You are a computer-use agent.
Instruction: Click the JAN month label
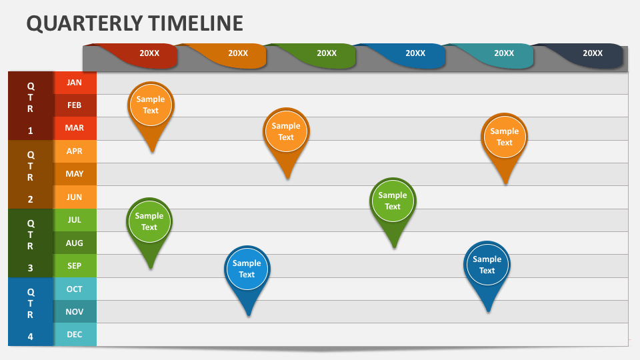tap(75, 83)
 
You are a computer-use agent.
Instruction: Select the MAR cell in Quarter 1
tap(75, 128)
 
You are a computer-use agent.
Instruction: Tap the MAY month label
tap(75, 174)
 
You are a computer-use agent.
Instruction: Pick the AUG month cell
tap(75, 243)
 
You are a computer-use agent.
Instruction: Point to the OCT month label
tap(75, 289)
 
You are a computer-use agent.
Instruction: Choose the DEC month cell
tap(75, 335)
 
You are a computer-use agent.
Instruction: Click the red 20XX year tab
tap(149, 53)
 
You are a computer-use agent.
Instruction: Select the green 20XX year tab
tap(326, 53)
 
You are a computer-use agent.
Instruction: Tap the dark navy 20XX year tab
tap(592, 53)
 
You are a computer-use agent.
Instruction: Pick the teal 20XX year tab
tap(503, 53)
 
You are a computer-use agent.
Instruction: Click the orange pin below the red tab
tap(151, 105)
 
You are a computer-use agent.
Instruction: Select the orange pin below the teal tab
tap(505, 137)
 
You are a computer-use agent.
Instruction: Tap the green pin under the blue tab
tap(393, 201)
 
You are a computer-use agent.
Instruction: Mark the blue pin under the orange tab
tap(247, 269)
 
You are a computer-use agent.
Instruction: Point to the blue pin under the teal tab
tap(487, 265)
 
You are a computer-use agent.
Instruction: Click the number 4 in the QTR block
tap(30, 337)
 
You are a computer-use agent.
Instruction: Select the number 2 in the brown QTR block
tap(30, 199)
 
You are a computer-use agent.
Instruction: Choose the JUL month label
tap(75, 220)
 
